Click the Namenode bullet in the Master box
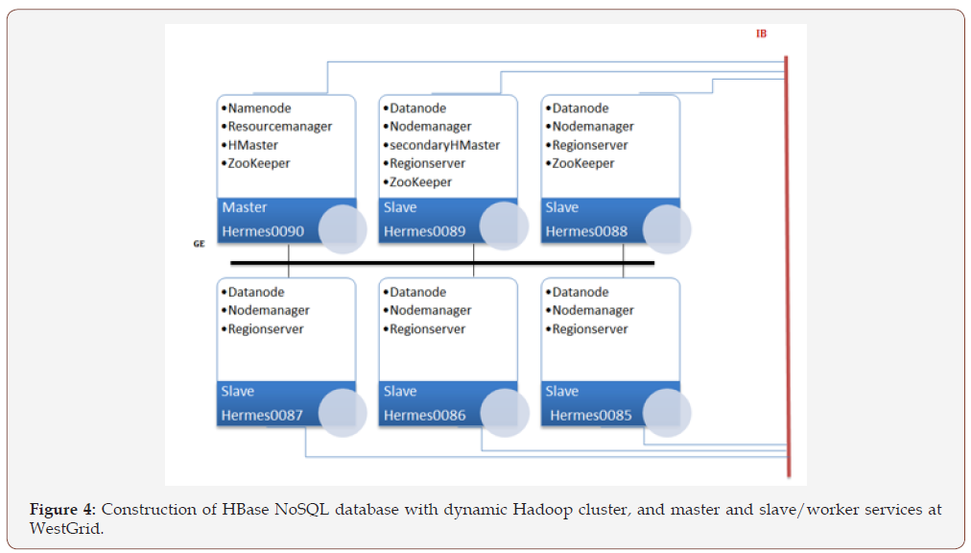click(x=259, y=108)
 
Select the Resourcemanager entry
click(x=279, y=127)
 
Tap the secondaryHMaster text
click(x=444, y=145)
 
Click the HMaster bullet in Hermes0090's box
click(x=252, y=145)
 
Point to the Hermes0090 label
click(x=263, y=231)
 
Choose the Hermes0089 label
click(x=425, y=231)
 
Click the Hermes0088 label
click(x=586, y=231)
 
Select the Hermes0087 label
click(x=263, y=416)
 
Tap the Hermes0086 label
click(x=425, y=416)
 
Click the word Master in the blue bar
click(x=245, y=207)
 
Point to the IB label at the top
click(x=761, y=34)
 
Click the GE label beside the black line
click(x=199, y=245)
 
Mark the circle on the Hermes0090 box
click(x=343, y=229)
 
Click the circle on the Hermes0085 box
click(x=667, y=413)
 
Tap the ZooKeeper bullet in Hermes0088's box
click(x=582, y=163)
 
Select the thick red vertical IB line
click(x=787, y=269)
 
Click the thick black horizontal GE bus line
click(x=441, y=262)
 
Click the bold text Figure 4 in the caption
click(x=62, y=510)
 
